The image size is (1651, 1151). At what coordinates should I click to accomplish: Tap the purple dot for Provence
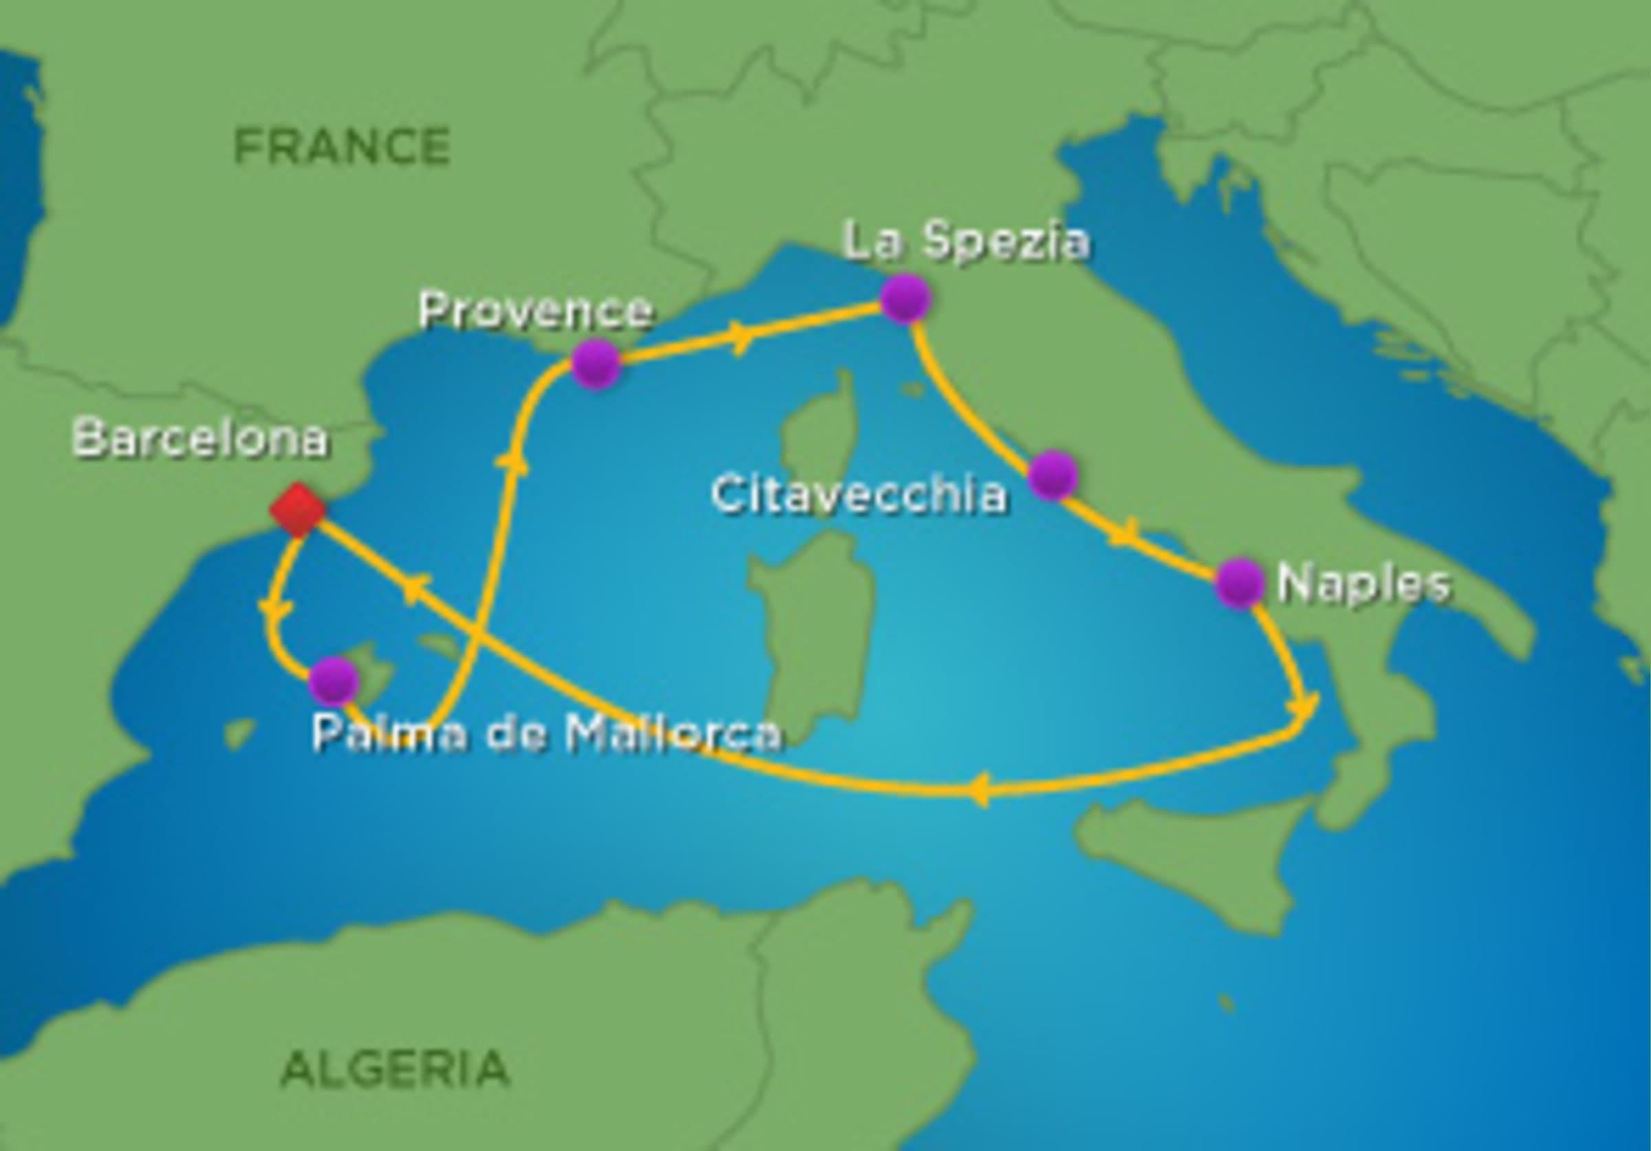(596, 364)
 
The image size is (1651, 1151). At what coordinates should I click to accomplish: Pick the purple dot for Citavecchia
(1052, 475)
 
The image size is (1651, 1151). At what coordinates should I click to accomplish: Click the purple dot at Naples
(1240, 583)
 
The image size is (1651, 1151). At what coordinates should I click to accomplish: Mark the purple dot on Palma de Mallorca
(334, 680)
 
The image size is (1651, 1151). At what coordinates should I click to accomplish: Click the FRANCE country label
(342, 146)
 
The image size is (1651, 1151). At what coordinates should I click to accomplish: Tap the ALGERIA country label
(395, 1068)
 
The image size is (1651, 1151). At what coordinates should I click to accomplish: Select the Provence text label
(536, 310)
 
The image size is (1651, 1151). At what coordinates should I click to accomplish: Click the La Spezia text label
(966, 241)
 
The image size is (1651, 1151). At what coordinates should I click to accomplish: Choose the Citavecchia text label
(859, 495)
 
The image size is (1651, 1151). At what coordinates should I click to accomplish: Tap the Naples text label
(1363, 584)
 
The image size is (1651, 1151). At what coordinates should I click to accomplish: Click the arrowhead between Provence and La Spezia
(741, 337)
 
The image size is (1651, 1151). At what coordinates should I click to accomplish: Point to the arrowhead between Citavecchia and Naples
(1124, 533)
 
